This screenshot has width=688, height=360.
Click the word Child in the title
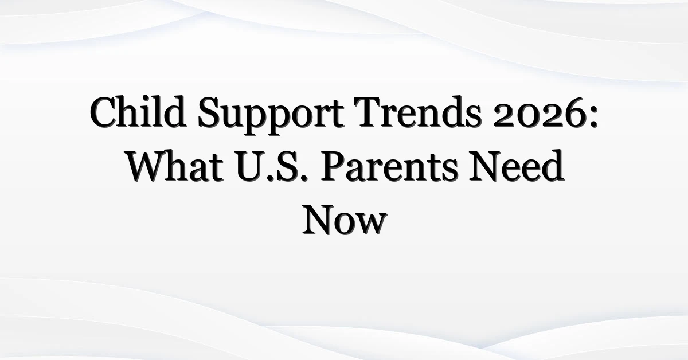click(138, 112)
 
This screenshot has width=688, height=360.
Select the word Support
click(271, 115)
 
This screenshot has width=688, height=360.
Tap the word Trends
click(417, 112)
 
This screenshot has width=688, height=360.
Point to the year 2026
click(539, 112)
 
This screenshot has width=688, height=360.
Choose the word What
click(175, 166)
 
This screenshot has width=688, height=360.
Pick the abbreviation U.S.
click(272, 166)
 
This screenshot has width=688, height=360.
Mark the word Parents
click(389, 166)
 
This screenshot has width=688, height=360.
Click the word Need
click(517, 166)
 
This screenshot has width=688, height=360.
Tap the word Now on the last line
click(345, 220)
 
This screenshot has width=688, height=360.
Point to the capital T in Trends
click(368, 112)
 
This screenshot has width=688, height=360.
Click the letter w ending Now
click(371, 224)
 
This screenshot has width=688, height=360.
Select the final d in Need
click(552, 166)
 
